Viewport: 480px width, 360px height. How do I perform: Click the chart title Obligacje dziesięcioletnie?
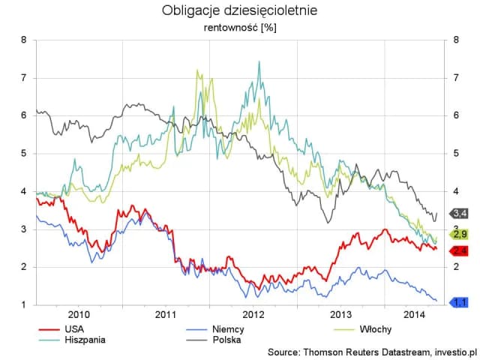click(239, 11)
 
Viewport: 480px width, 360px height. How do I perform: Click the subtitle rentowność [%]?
click(239, 28)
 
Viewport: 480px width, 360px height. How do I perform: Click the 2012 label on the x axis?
click(253, 315)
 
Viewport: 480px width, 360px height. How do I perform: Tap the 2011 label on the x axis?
click(166, 315)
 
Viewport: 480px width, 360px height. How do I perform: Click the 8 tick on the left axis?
click(23, 40)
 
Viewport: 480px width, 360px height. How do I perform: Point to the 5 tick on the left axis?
click(23, 154)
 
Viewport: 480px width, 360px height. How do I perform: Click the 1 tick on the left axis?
click(23, 305)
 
